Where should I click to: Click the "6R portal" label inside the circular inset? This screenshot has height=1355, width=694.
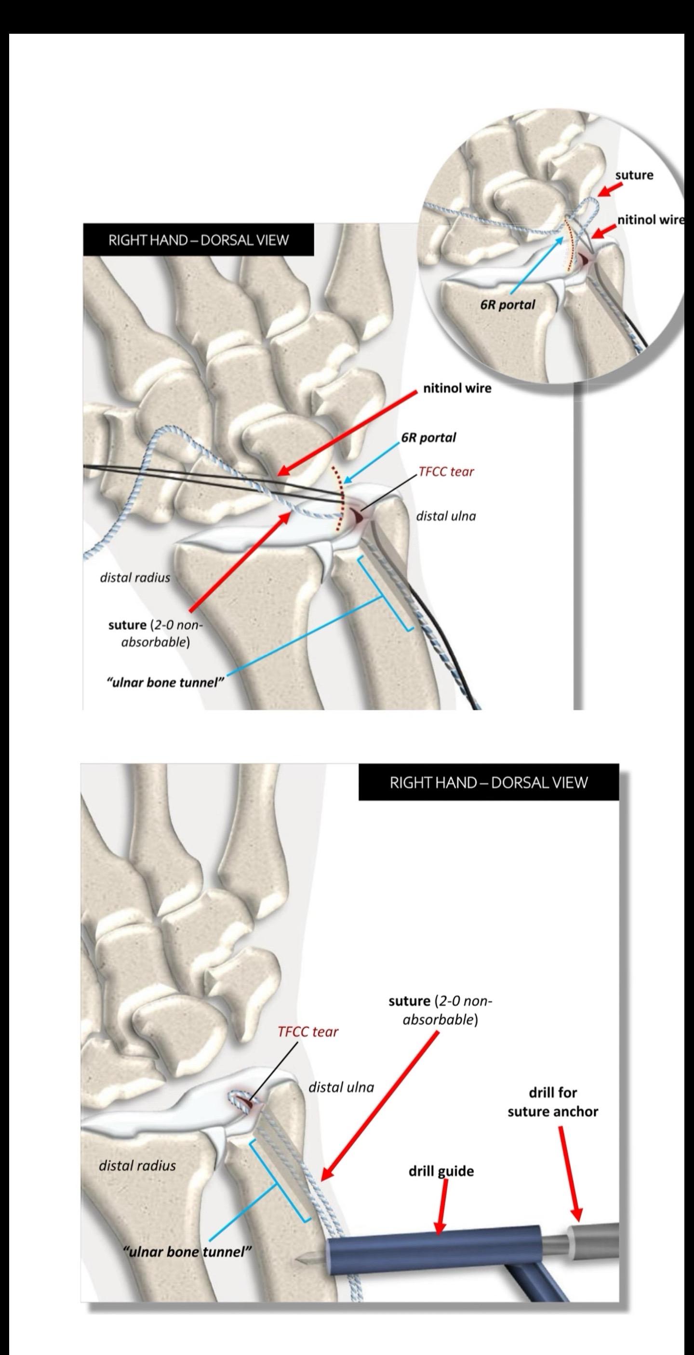tap(507, 305)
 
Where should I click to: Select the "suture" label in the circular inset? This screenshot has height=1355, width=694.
tap(634, 175)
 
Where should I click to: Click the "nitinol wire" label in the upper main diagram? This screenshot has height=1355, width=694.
tap(457, 389)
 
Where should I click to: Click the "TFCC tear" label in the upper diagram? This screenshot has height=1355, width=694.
tap(446, 471)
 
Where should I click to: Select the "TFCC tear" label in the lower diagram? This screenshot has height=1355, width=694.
tap(307, 1031)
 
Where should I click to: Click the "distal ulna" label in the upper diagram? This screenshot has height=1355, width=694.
tap(446, 516)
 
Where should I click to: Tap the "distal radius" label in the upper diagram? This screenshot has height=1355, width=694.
tap(135, 578)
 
